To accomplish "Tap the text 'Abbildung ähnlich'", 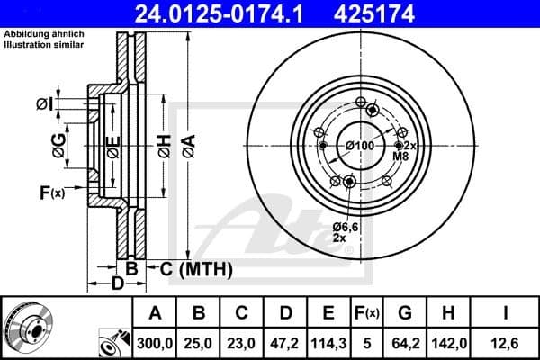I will pyautogui.click(x=43, y=34).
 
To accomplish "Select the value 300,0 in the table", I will pyautogui.click(x=155, y=342).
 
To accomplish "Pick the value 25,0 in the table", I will pyautogui.click(x=200, y=342).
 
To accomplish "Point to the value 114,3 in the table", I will pyautogui.click(x=329, y=342).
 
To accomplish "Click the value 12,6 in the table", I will pyautogui.click(x=506, y=342).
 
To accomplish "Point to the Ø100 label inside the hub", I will pyautogui.click(x=360, y=146).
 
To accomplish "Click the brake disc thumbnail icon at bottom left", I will pyautogui.click(x=28, y=325).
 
